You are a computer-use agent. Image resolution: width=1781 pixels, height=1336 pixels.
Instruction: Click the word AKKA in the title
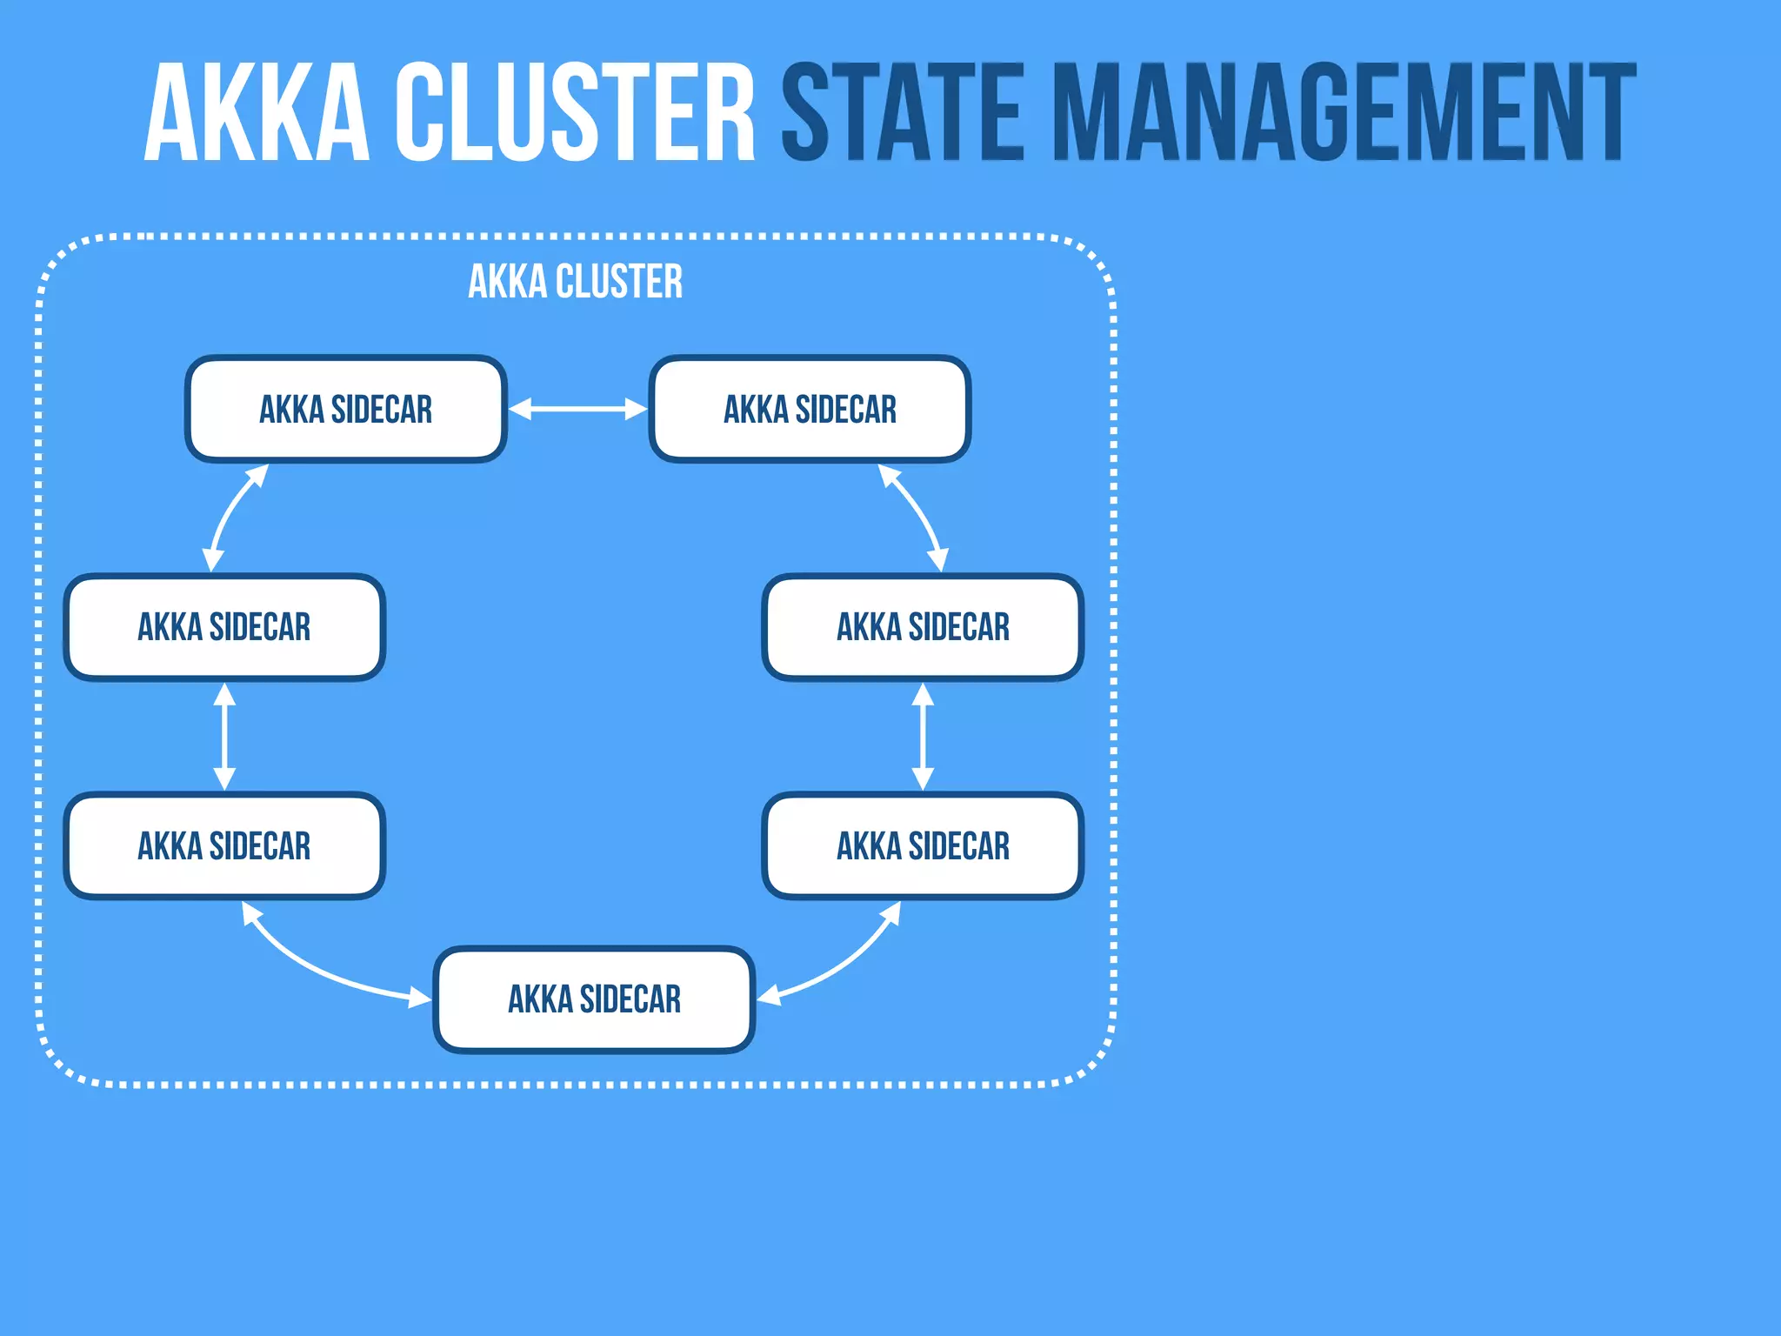click(x=257, y=113)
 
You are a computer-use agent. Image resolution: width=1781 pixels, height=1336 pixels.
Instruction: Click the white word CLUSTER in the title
click(x=574, y=113)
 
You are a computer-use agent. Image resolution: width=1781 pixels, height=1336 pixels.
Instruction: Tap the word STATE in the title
click(x=903, y=113)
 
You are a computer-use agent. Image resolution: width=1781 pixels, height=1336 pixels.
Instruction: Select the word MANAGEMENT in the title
click(x=1344, y=113)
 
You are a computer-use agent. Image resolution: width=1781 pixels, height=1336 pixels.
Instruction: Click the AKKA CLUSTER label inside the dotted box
click(x=575, y=282)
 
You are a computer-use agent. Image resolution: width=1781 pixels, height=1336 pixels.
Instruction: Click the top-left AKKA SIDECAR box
click(x=345, y=409)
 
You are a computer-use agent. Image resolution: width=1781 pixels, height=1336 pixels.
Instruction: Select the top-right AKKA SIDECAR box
click(x=810, y=409)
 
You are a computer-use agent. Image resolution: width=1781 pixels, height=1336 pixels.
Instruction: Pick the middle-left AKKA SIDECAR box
click(x=224, y=627)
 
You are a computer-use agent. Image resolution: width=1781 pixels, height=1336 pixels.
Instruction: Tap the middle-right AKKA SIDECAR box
click(x=923, y=627)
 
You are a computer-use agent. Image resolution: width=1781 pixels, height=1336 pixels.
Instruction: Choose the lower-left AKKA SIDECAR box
click(x=224, y=845)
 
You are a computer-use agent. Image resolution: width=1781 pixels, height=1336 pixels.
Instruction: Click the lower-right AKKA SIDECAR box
click(x=923, y=845)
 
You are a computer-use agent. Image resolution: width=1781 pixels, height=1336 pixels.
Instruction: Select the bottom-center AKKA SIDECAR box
click(x=594, y=999)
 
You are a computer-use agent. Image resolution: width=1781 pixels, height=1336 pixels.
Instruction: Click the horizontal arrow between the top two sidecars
click(x=577, y=409)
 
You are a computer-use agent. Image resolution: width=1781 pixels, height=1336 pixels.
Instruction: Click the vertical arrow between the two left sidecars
click(x=224, y=737)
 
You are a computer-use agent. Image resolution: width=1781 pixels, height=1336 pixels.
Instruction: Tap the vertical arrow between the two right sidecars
click(x=923, y=737)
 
